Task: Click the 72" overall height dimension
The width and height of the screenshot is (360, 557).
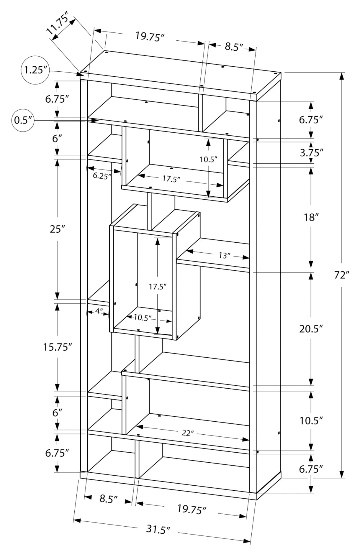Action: point(342,275)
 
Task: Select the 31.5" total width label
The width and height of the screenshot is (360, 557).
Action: point(158,529)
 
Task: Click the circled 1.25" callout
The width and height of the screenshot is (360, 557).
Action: point(35,70)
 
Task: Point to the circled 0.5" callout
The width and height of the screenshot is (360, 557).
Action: point(23,120)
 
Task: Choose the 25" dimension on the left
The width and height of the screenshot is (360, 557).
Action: point(57,229)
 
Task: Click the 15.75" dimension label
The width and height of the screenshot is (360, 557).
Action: point(58,347)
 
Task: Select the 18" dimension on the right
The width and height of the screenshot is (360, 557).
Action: point(311,217)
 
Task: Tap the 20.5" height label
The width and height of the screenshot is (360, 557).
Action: point(311,329)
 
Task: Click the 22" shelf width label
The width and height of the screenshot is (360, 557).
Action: point(188,433)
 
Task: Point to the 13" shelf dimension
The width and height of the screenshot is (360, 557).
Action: point(224,255)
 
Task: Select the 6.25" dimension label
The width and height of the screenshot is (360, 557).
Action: point(102,176)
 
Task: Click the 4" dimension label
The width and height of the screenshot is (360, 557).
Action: point(99,311)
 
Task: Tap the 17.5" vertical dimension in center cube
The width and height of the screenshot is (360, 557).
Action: point(158,286)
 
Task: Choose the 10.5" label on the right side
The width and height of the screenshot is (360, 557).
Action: point(311,420)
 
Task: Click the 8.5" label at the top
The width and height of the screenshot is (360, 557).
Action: point(234,47)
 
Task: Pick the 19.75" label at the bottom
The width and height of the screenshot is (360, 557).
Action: point(192,509)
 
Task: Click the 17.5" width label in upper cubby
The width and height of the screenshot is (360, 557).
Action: point(171,179)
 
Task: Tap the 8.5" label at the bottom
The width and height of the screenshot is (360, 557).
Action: point(109,499)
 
